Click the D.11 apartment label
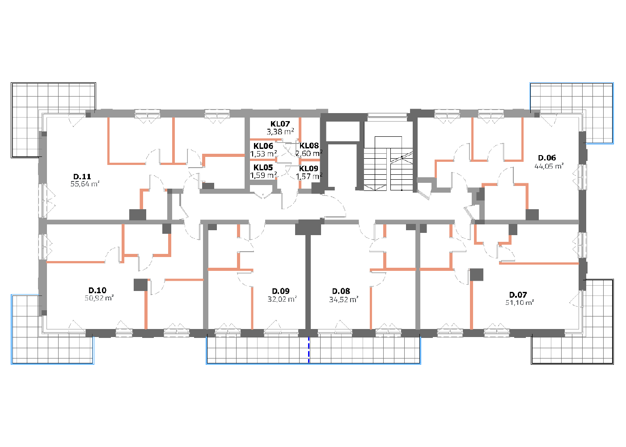(82, 177)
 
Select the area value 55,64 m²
(85, 184)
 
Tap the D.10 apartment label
(97, 290)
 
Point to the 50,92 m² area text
(99, 298)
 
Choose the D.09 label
(281, 291)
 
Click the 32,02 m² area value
(282, 299)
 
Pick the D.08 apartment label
(341, 291)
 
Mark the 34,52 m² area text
(344, 300)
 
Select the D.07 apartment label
(518, 295)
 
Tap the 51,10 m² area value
(520, 302)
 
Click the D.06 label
(547, 158)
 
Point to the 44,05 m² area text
(549, 166)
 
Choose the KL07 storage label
(280, 124)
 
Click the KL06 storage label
(263, 146)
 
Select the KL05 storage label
(263, 168)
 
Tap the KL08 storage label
(309, 146)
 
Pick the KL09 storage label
(309, 169)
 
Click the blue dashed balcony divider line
(309, 350)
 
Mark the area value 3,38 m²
(280, 131)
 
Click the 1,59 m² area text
(263, 175)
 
